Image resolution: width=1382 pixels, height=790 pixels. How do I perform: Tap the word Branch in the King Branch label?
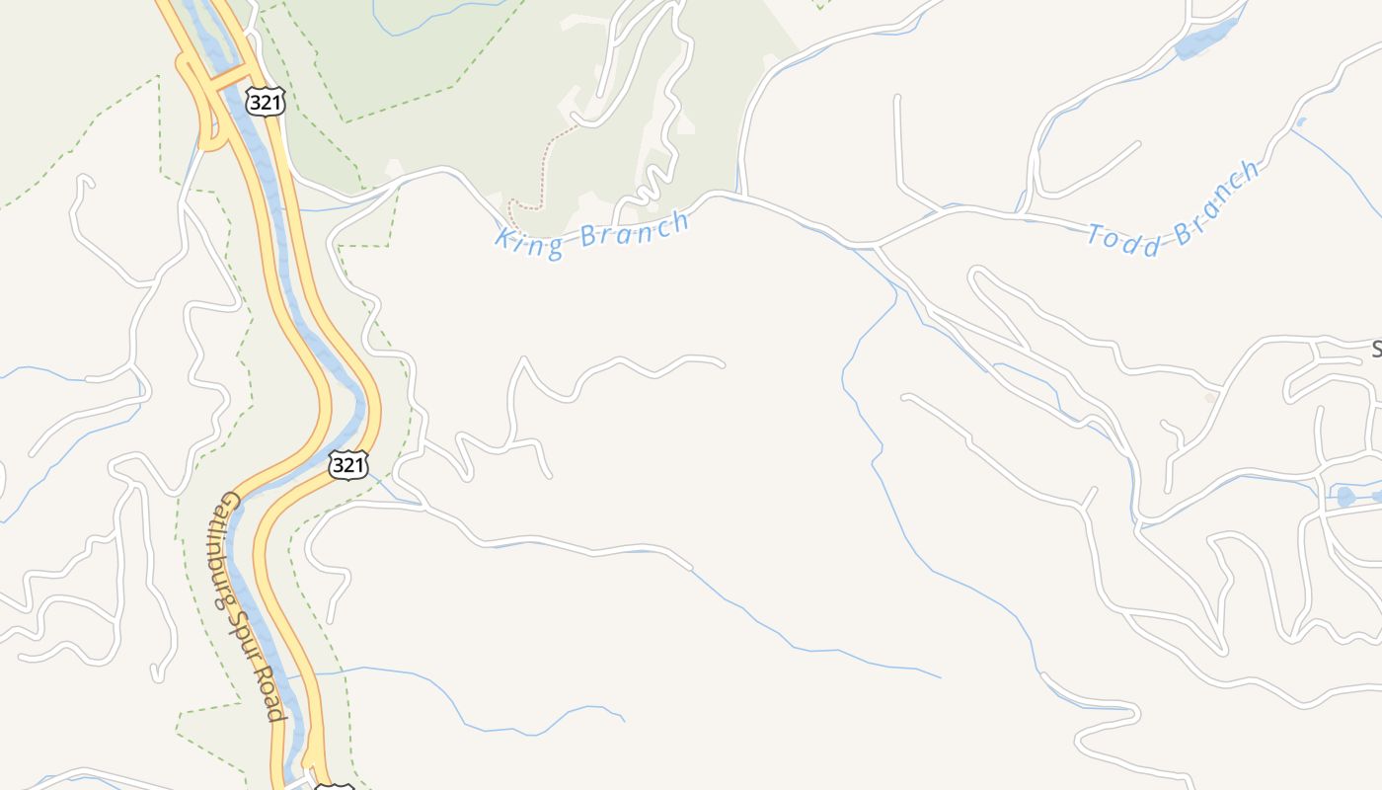coord(633,230)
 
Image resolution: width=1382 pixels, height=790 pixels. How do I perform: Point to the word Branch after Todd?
coord(1216,206)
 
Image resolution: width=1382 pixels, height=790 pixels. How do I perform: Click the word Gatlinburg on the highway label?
coord(226,547)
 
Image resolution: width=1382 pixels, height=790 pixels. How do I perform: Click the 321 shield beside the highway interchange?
coord(266,102)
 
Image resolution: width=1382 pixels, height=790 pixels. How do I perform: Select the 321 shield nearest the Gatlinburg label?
coord(348,464)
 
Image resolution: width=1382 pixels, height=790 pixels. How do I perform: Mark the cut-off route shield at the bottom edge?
coord(334,785)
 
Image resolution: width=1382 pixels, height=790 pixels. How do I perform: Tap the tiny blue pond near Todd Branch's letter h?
coord(1300,122)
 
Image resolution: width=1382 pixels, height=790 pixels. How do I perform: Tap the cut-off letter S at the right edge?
coord(1376,349)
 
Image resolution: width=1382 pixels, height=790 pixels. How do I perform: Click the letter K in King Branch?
coord(504,241)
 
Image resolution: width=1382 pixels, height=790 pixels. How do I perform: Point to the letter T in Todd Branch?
coord(1096,233)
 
